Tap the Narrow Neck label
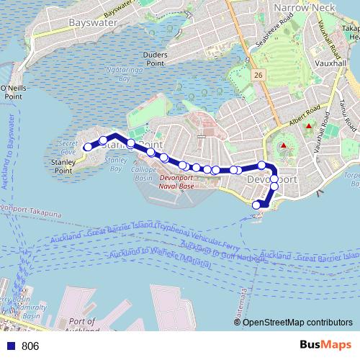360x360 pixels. coord(297,8)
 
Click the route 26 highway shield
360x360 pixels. coord(258,73)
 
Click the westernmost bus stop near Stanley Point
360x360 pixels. coord(88,147)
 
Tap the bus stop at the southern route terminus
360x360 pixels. coord(256,205)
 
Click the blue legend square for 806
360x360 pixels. coord(11,346)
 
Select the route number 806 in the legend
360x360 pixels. coord(30,346)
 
